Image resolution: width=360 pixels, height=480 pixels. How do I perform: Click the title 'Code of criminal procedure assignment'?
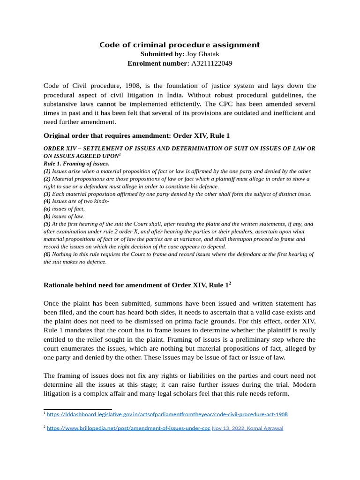point(180,45)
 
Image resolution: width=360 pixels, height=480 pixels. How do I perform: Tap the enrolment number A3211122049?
point(211,63)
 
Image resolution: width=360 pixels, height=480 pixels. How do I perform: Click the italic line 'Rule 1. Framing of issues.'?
point(76,164)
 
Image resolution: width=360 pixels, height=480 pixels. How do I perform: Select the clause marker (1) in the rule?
point(47,171)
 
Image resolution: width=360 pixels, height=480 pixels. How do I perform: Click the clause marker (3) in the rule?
point(47,194)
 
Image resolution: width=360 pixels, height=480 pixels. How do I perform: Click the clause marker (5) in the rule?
point(47,224)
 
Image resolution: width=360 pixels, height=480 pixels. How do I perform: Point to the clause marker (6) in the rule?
point(47,254)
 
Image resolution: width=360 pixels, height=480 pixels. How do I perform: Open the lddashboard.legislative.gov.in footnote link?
point(167,414)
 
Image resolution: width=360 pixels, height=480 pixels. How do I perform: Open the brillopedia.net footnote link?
point(128,428)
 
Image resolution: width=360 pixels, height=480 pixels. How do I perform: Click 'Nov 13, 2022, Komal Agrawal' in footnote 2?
point(247,428)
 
